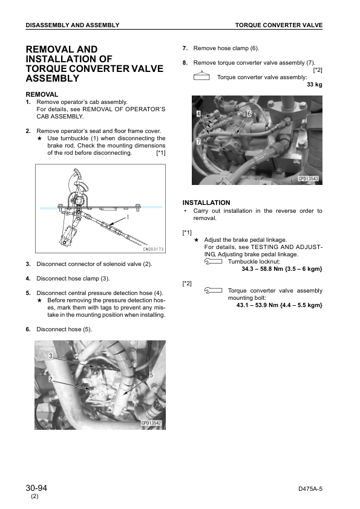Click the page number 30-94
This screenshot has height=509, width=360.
36,488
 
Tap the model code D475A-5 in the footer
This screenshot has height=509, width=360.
310,489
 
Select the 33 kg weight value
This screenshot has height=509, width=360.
315,85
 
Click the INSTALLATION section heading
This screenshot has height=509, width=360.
206,203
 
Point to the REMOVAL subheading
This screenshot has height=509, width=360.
42,94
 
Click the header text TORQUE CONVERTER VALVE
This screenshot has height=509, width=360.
279,25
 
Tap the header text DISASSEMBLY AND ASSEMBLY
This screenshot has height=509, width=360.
73,25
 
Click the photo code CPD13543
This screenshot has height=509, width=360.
309,178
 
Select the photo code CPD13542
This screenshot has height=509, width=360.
151,423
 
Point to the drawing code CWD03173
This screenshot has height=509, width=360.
153,249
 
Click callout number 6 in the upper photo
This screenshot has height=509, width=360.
249,113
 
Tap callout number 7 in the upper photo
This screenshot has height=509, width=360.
198,141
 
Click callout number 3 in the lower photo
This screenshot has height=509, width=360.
51,356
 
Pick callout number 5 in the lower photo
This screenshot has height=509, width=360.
151,375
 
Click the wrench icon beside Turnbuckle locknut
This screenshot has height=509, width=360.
213,262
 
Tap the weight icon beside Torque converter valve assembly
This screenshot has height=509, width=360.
201,76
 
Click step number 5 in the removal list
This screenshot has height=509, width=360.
28,293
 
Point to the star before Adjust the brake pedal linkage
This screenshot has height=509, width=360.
196,240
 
